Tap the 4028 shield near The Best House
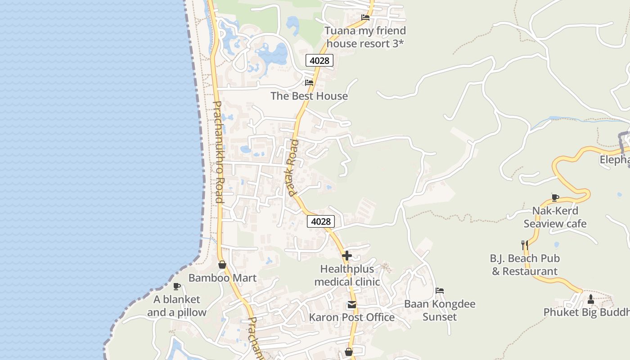click(319, 60)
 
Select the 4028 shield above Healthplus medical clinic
click(321, 221)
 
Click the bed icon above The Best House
click(309, 83)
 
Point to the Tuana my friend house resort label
click(365, 37)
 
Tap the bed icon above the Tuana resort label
click(365, 18)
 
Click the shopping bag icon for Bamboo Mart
click(222, 265)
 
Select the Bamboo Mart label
click(222, 278)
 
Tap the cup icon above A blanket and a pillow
click(177, 286)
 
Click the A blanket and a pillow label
click(177, 306)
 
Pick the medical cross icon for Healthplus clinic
click(346, 256)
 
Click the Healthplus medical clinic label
click(347, 275)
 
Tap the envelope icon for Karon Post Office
click(352, 305)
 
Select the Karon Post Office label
click(352, 317)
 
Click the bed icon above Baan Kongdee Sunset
click(440, 291)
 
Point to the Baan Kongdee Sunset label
click(440, 310)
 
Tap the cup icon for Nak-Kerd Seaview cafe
click(555, 198)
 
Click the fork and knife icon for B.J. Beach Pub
click(524, 245)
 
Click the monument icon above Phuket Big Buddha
click(591, 299)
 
